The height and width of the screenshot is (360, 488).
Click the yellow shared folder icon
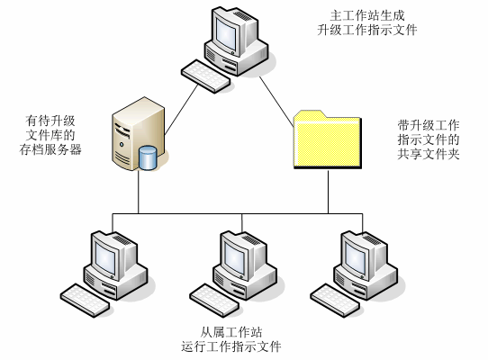click(328, 139)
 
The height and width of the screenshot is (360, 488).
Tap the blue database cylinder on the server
click(147, 157)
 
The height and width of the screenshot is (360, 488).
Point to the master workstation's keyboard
click(205, 76)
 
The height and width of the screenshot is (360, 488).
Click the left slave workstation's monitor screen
click(106, 258)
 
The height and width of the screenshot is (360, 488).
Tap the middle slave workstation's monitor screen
click(235, 258)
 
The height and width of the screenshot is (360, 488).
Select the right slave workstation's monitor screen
click(356, 258)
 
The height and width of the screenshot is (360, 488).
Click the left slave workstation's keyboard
click(85, 301)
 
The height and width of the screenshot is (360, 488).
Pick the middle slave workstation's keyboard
click(214, 301)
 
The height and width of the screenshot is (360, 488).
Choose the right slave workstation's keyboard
click(335, 301)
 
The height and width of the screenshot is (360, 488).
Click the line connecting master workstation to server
click(182, 110)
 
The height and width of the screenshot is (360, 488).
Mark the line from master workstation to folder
click(276, 102)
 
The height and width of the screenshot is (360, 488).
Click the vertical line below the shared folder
click(328, 192)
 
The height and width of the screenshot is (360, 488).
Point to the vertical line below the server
click(139, 192)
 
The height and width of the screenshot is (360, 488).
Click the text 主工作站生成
click(367, 15)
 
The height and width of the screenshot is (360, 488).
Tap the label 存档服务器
click(50, 149)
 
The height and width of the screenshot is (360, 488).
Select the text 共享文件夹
click(429, 154)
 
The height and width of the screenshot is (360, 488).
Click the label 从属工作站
click(230, 332)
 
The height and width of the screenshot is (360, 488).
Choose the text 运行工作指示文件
click(230, 346)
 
